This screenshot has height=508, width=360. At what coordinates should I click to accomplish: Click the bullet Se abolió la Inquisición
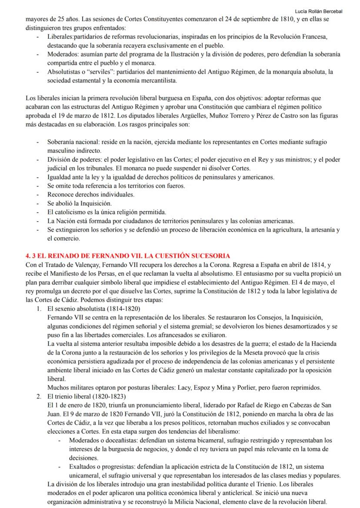point(80,203)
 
